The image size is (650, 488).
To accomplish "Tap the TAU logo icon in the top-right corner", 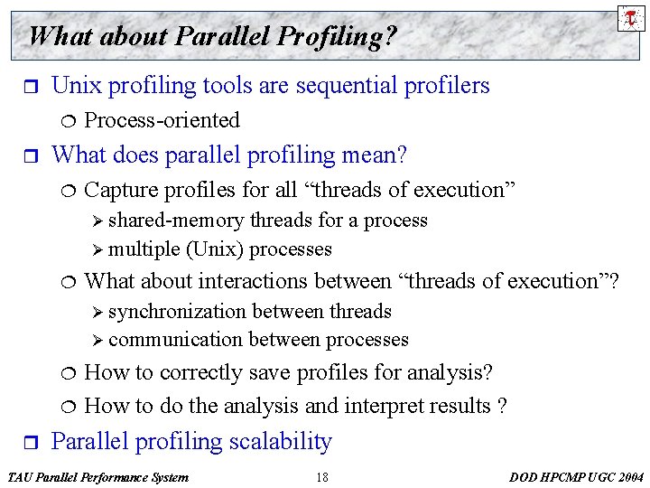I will coord(631,17).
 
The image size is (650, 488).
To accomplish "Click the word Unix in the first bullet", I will coord(75,86).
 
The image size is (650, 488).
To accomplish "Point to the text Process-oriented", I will coord(162,120).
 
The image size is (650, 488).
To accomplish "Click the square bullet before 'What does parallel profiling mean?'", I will coord(26,156).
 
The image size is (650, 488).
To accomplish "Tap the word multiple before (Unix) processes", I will coord(144,249).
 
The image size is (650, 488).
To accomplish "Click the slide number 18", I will coord(322,477).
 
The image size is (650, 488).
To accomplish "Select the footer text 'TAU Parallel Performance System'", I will coord(97,477).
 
